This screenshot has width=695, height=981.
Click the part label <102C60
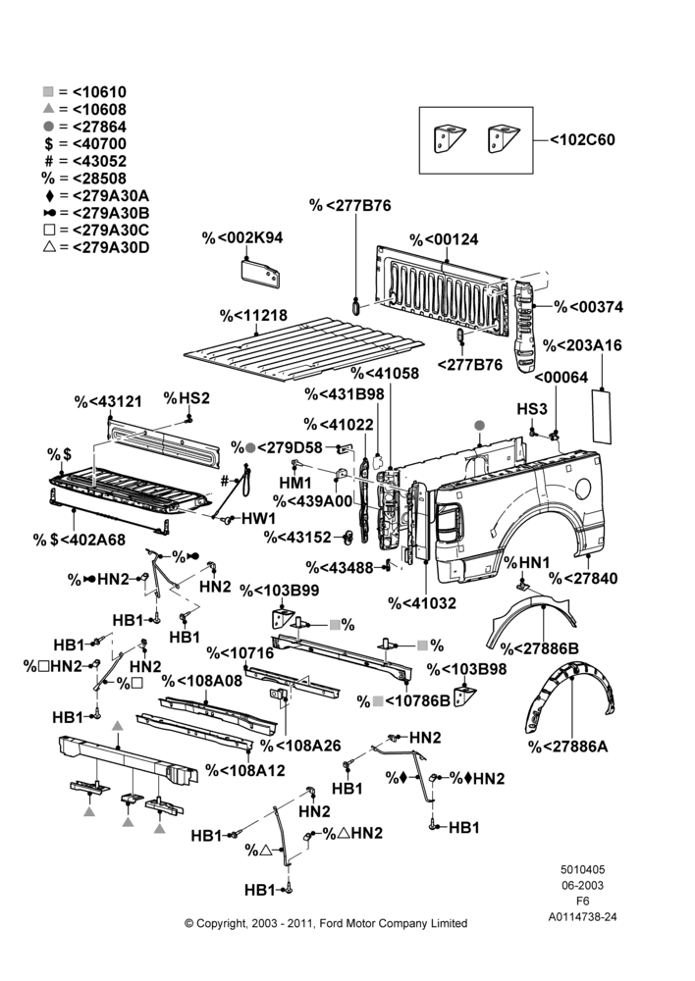pos(582,139)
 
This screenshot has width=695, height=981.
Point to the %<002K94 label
pos(242,237)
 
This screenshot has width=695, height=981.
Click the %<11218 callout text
pos(253,315)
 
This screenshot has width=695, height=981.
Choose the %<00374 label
pos(589,306)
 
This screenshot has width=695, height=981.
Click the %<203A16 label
pos(582,345)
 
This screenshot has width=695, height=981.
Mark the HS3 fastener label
pos(532,408)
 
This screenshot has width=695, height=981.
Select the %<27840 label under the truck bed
pos(583,578)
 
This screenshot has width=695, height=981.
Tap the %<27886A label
pos(568,747)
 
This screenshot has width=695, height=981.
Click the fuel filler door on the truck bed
pos(582,489)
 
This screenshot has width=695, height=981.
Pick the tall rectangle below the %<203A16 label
pos(602,415)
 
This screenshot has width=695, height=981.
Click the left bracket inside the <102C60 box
pos(449,139)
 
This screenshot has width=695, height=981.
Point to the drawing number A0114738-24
pos(582,917)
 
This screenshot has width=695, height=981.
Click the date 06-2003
pos(582,885)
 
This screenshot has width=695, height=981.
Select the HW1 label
pos(258,518)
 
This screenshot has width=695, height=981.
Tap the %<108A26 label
pos(300,746)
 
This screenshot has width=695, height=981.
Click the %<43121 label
pos(108,401)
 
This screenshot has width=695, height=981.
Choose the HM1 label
pos(294,483)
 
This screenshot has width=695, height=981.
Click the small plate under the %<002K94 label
pos(260,274)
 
